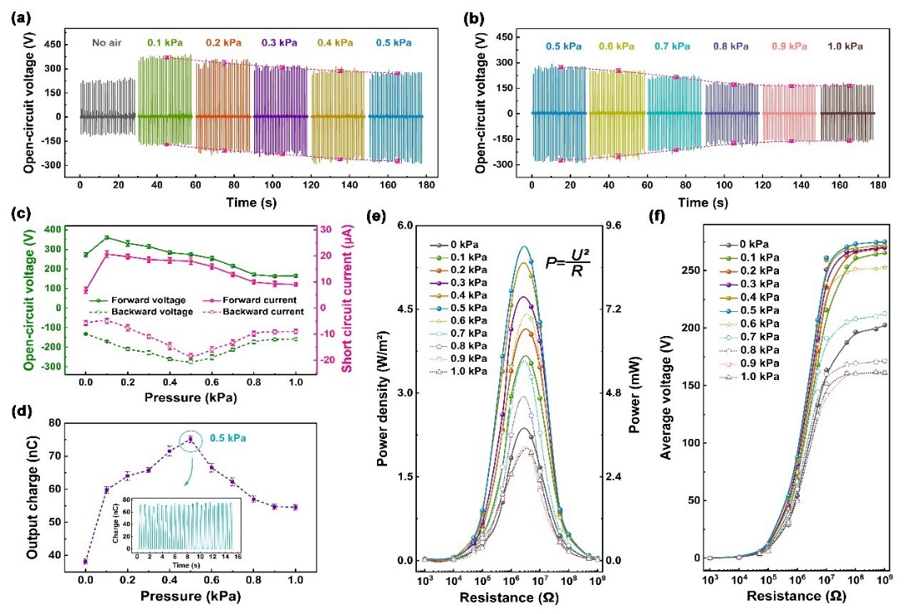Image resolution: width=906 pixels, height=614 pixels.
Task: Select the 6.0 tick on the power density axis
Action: (x=405, y=226)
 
